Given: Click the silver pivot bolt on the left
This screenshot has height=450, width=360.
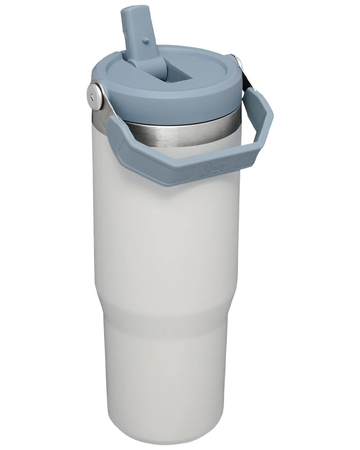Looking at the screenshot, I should point(95,95).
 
